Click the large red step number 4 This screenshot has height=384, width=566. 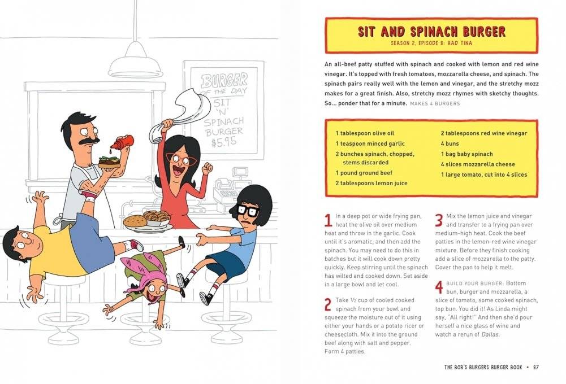tap(439, 287)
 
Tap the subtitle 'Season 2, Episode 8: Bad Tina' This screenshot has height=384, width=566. tap(431, 43)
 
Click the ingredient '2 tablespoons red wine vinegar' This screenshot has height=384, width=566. tap(483, 133)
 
